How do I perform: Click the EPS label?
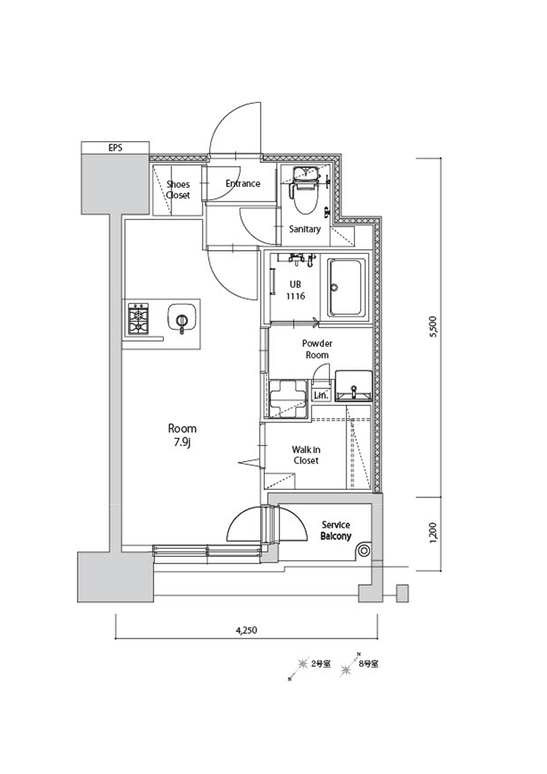115,148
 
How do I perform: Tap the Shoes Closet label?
178,190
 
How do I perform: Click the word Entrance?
243,183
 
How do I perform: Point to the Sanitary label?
305,229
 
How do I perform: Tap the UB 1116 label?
295,290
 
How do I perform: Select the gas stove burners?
138,319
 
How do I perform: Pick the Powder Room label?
317,349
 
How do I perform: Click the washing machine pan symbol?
288,398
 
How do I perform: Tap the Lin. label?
321,395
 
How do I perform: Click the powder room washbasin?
353,386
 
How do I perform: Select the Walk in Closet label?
306,455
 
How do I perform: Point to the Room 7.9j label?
182,435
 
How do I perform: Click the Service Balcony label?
336,530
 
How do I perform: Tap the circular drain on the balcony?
364,551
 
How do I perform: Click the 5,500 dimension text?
434,327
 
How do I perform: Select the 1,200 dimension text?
434,533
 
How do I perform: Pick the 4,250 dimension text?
247,630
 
